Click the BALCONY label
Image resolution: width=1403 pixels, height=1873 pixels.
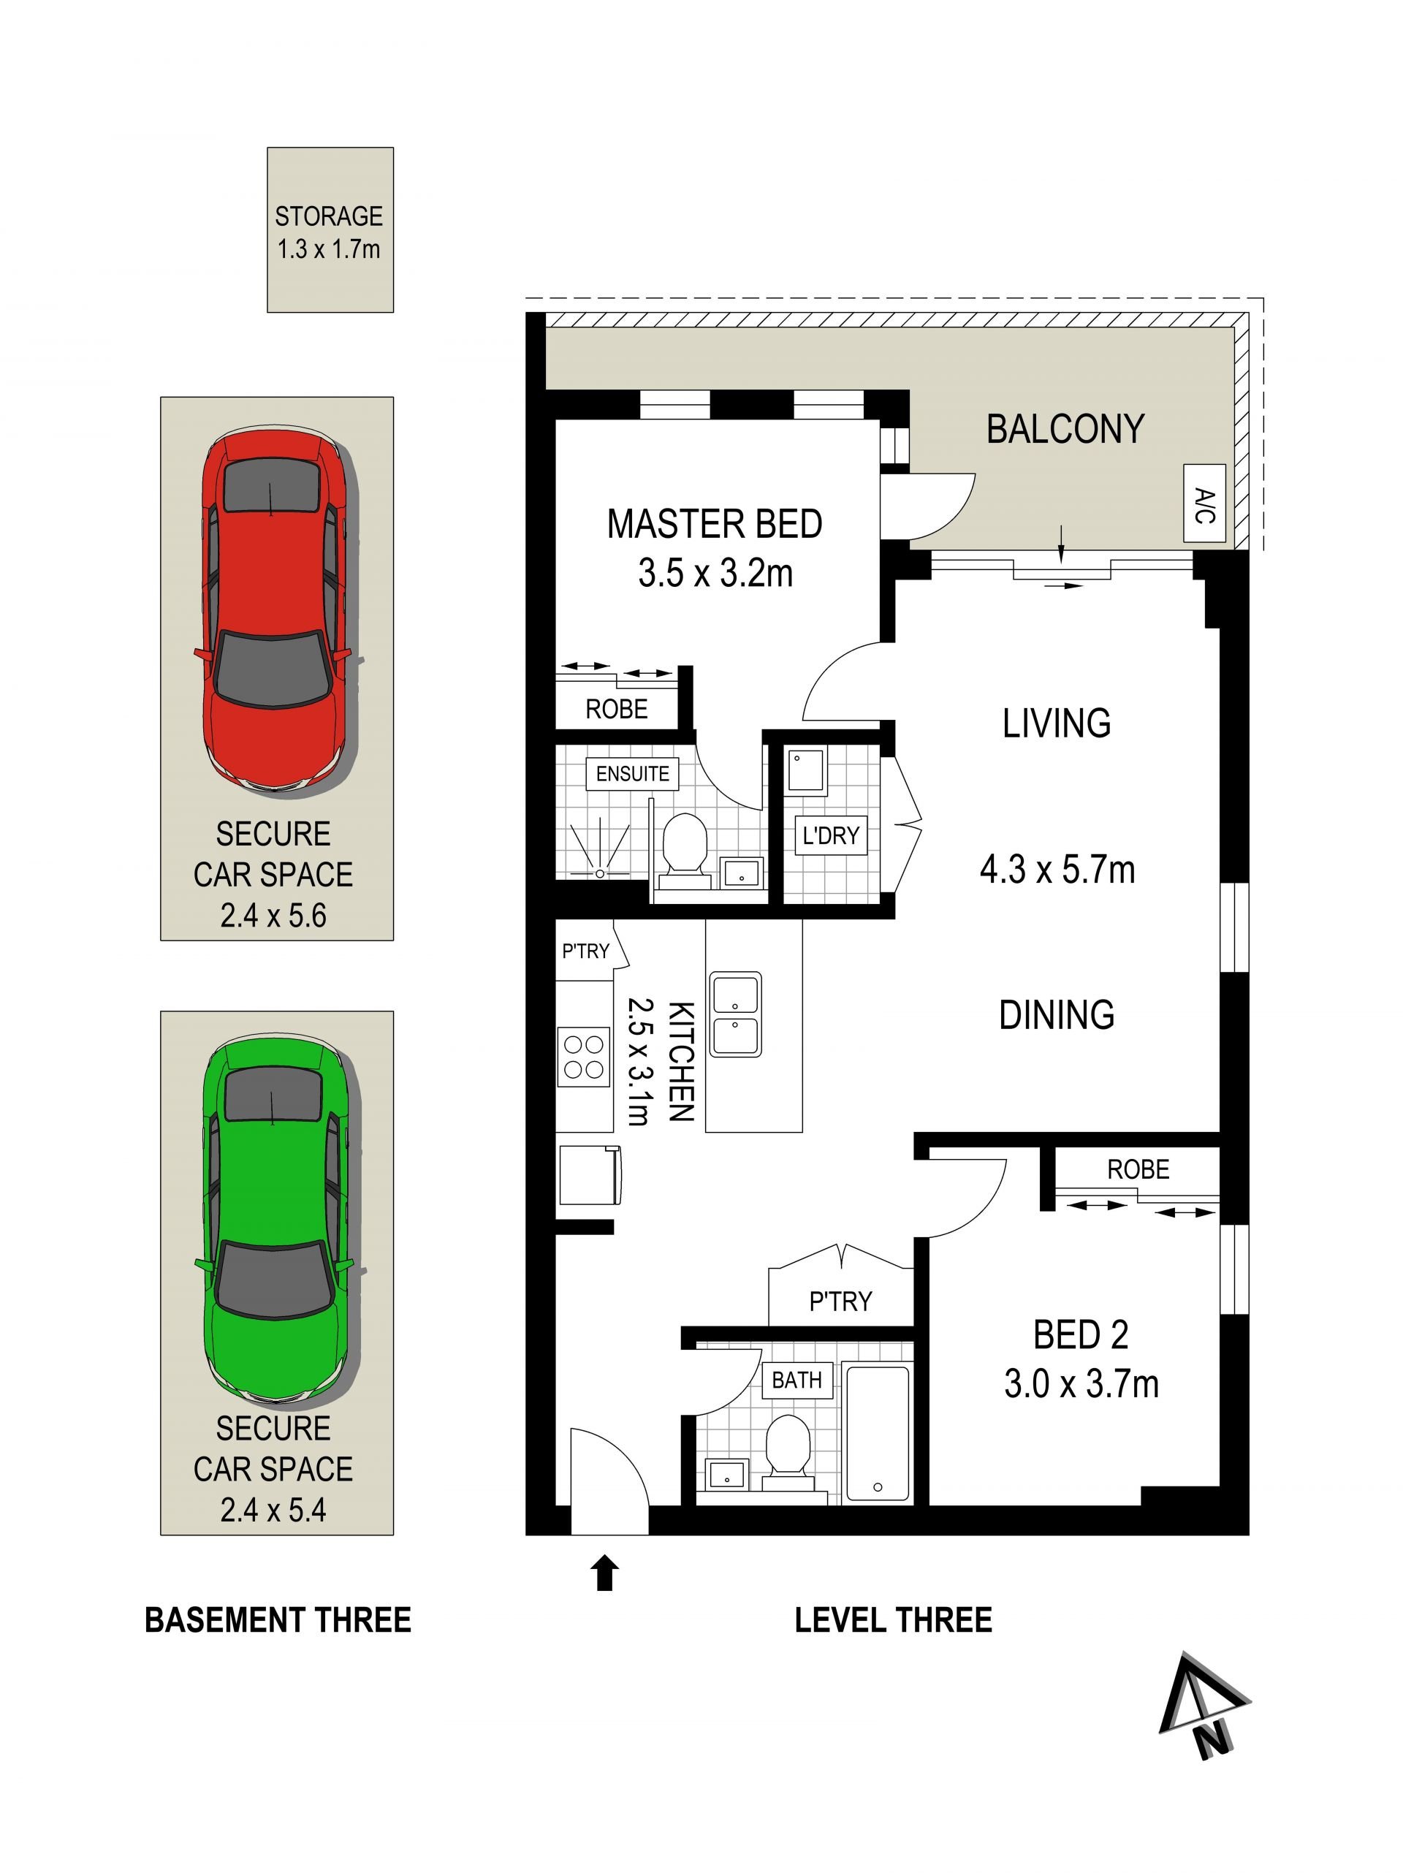point(1065,428)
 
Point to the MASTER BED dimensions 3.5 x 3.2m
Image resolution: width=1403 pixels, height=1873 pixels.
point(715,573)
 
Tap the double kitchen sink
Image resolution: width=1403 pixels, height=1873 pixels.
point(736,1014)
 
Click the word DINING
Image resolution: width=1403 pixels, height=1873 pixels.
point(1057,1014)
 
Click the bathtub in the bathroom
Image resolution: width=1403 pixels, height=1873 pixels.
point(878,1432)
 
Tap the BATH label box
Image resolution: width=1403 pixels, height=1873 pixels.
point(796,1380)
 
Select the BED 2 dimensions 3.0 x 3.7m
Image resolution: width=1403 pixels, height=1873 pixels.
point(1081,1383)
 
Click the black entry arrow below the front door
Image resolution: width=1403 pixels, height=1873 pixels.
point(604,1573)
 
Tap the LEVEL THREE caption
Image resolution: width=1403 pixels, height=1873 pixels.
point(893,1620)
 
